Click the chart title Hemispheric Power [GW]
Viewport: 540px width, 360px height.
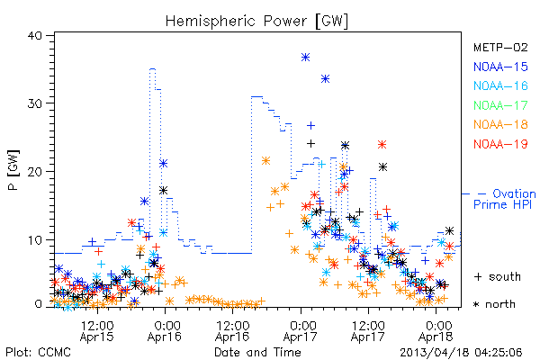click(256, 21)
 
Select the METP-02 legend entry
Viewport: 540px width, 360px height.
click(500, 47)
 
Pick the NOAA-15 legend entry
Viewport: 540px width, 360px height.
click(500, 67)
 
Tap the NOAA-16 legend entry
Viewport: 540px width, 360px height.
click(500, 85)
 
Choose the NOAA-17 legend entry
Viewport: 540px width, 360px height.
click(500, 105)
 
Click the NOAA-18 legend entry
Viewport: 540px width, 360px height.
click(500, 124)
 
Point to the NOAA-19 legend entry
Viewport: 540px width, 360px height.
click(500, 144)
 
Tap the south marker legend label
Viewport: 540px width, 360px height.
click(498, 276)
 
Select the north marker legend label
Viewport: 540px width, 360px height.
click(494, 304)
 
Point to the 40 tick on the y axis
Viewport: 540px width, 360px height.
click(34, 35)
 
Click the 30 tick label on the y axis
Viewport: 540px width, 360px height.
click(34, 103)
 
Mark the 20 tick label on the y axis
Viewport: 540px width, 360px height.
click(34, 172)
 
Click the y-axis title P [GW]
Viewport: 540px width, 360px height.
click(14, 170)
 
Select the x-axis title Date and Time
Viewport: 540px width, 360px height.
click(257, 353)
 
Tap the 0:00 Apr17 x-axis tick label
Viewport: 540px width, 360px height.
click(301, 330)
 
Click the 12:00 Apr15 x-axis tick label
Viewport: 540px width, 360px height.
click(97, 330)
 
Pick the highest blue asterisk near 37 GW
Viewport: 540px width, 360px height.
click(305, 58)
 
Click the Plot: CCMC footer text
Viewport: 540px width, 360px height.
click(38, 353)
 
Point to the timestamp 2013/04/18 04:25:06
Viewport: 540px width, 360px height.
click(461, 353)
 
